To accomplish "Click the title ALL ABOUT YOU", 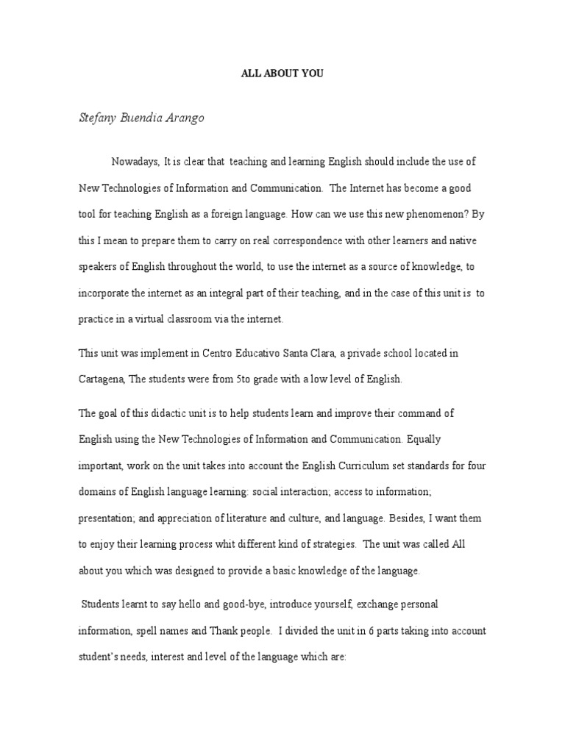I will pos(282,74).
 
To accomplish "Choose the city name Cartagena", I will pos(102,380).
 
